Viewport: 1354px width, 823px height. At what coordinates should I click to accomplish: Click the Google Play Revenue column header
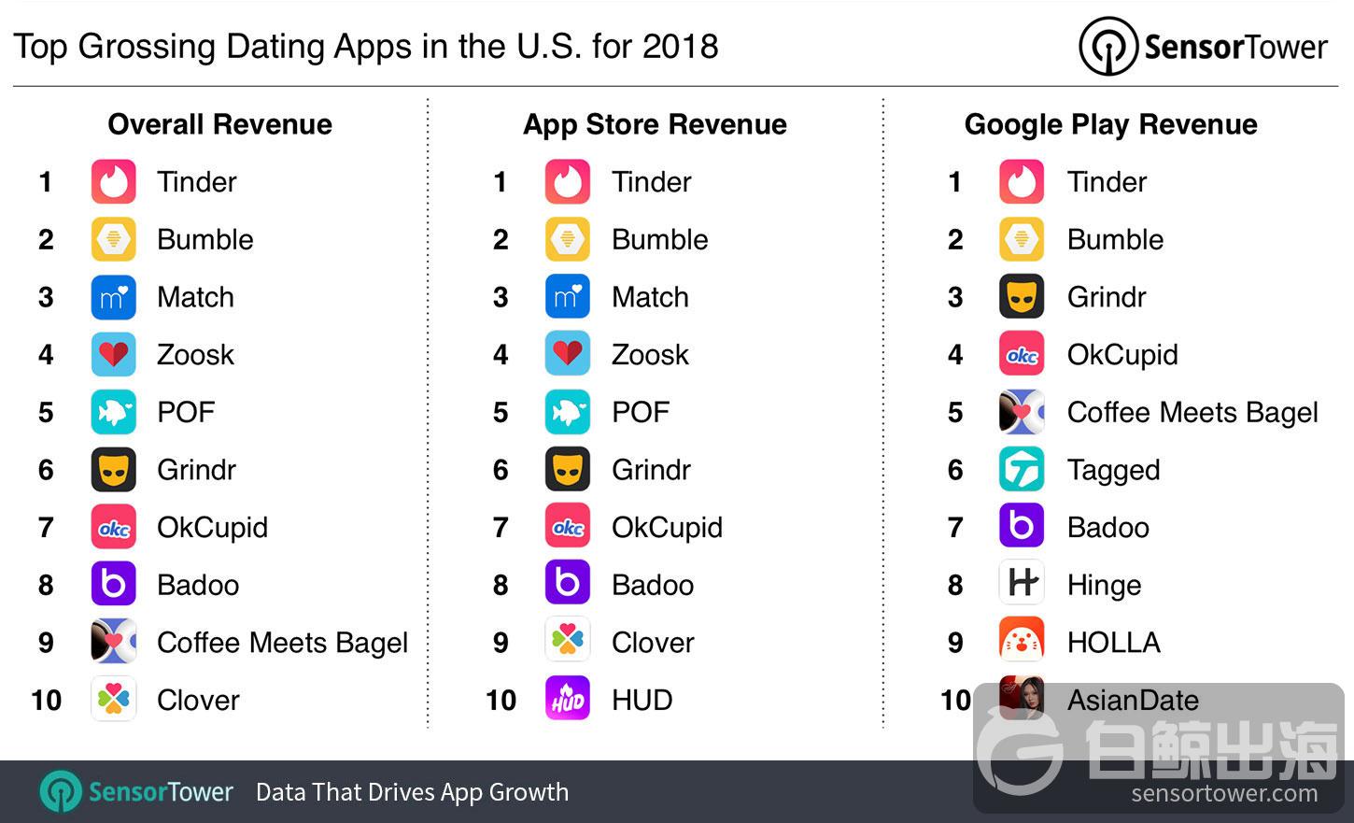(1110, 124)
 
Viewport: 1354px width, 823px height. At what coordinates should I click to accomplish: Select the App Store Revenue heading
(655, 124)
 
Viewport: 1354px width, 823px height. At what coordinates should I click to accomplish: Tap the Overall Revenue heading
(219, 124)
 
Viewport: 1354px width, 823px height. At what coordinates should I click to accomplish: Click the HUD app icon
(568, 699)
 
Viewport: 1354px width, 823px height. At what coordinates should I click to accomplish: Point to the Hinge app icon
(1022, 584)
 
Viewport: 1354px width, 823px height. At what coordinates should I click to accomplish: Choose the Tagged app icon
(1022, 469)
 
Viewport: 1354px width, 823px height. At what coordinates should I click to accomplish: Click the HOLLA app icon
(1022, 642)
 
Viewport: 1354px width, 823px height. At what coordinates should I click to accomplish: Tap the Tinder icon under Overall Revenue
(114, 181)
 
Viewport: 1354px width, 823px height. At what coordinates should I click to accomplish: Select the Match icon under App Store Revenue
(568, 297)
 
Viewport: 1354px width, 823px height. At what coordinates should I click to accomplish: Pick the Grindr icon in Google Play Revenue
(1022, 297)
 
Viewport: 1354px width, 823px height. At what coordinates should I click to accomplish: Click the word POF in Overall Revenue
(186, 412)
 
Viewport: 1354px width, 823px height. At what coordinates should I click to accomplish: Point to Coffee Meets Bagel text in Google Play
(1192, 412)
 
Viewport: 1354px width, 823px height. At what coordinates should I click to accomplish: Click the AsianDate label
(1133, 700)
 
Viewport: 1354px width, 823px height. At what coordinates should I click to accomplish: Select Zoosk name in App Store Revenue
(650, 355)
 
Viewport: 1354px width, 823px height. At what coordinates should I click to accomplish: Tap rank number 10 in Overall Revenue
(46, 700)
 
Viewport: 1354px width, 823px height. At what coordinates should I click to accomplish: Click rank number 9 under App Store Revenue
(501, 643)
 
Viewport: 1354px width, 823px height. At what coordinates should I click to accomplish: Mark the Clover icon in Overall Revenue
(114, 699)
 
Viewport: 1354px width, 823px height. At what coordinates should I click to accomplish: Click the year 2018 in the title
(680, 47)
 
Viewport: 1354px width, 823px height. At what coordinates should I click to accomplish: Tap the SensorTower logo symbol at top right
(1108, 47)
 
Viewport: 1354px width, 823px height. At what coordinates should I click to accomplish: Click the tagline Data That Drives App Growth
(412, 792)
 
